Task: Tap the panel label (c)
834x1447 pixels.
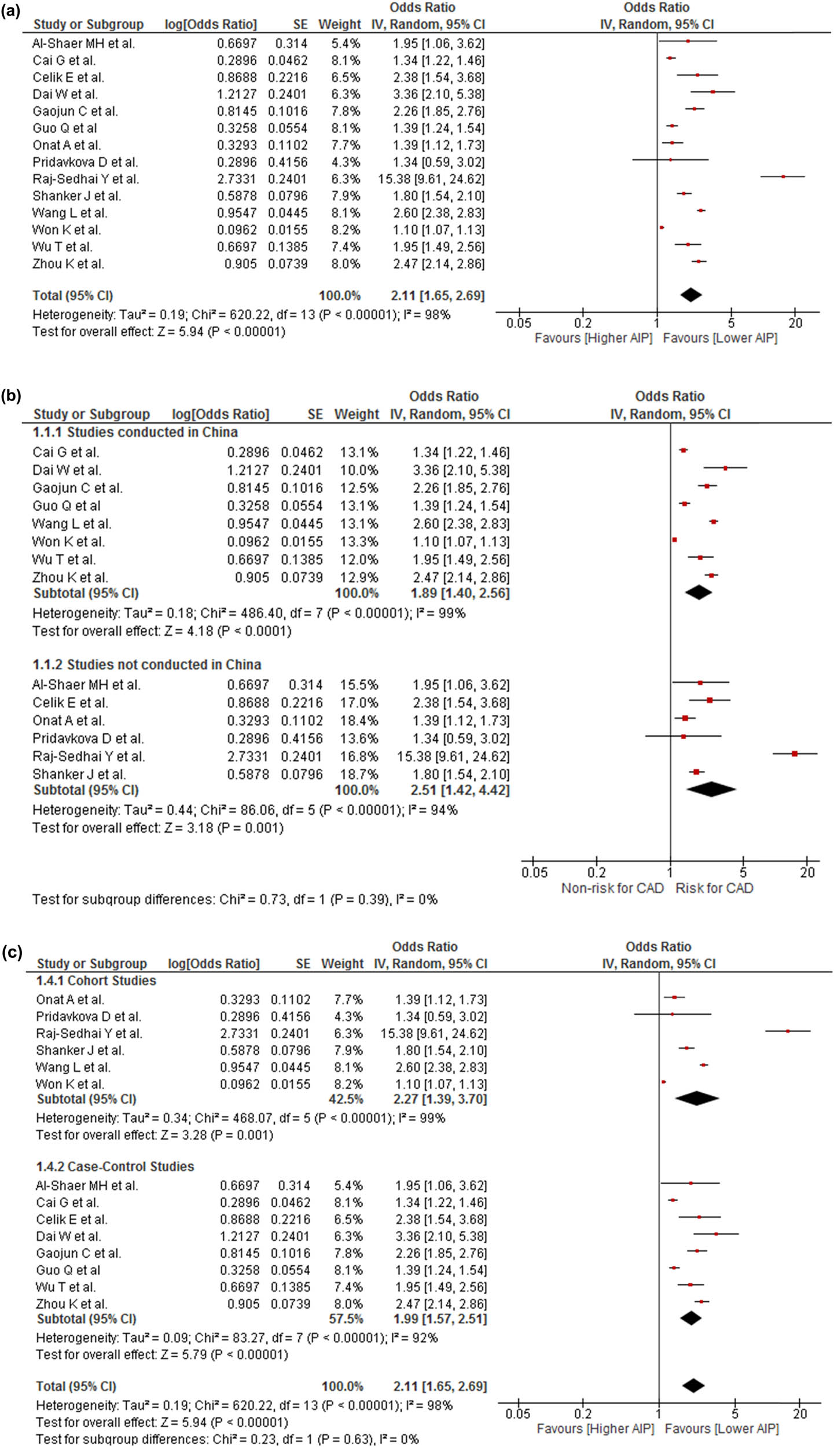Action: click(x=12, y=952)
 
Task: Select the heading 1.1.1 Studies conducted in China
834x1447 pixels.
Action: click(x=135, y=432)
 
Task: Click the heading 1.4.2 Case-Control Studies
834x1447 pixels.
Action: click(x=115, y=1166)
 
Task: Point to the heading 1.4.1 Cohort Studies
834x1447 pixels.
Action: click(x=96, y=980)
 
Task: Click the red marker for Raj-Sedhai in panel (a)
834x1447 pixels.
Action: click(x=783, y=177)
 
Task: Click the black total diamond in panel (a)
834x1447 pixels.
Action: click(x=690, y=295)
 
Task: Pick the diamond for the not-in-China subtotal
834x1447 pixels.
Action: click(x=711, y=789)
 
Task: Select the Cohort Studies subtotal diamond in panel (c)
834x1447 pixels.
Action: click(x=696, y=1098)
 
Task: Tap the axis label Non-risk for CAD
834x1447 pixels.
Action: click(x=612, y=888)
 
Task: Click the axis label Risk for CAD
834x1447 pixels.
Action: click(x=714, y=888)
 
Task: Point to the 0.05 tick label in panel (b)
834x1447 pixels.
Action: click(x=534, y=872)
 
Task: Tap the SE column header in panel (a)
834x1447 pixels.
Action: click(x=300, y=24)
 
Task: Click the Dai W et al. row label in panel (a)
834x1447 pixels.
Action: click(x=65, y=94)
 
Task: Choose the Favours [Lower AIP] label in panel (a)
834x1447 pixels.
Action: click(x=719, y=338)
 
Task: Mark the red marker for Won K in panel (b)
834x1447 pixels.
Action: click(x=674, y=539)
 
